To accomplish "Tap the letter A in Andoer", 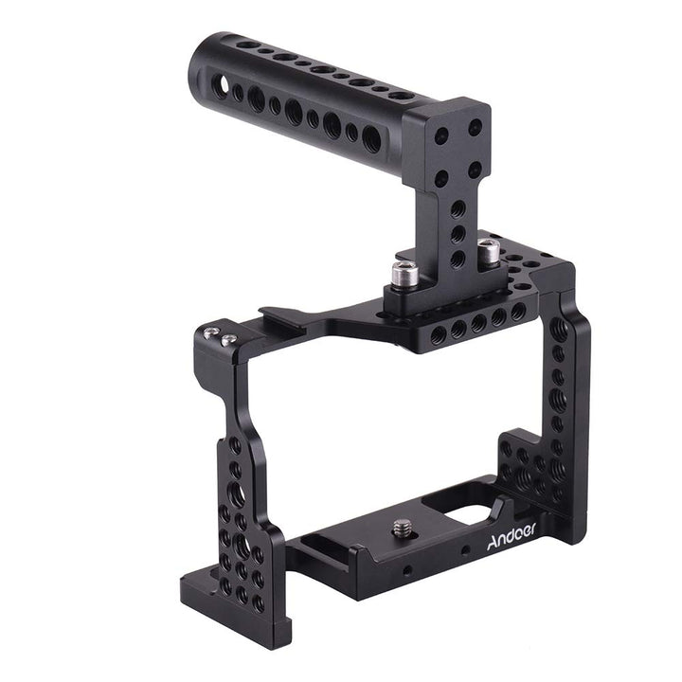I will click(491, 545).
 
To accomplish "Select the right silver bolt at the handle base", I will click(488, 251).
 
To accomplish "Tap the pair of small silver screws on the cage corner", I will click(221, 335).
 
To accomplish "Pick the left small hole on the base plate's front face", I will click(405, 570).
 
